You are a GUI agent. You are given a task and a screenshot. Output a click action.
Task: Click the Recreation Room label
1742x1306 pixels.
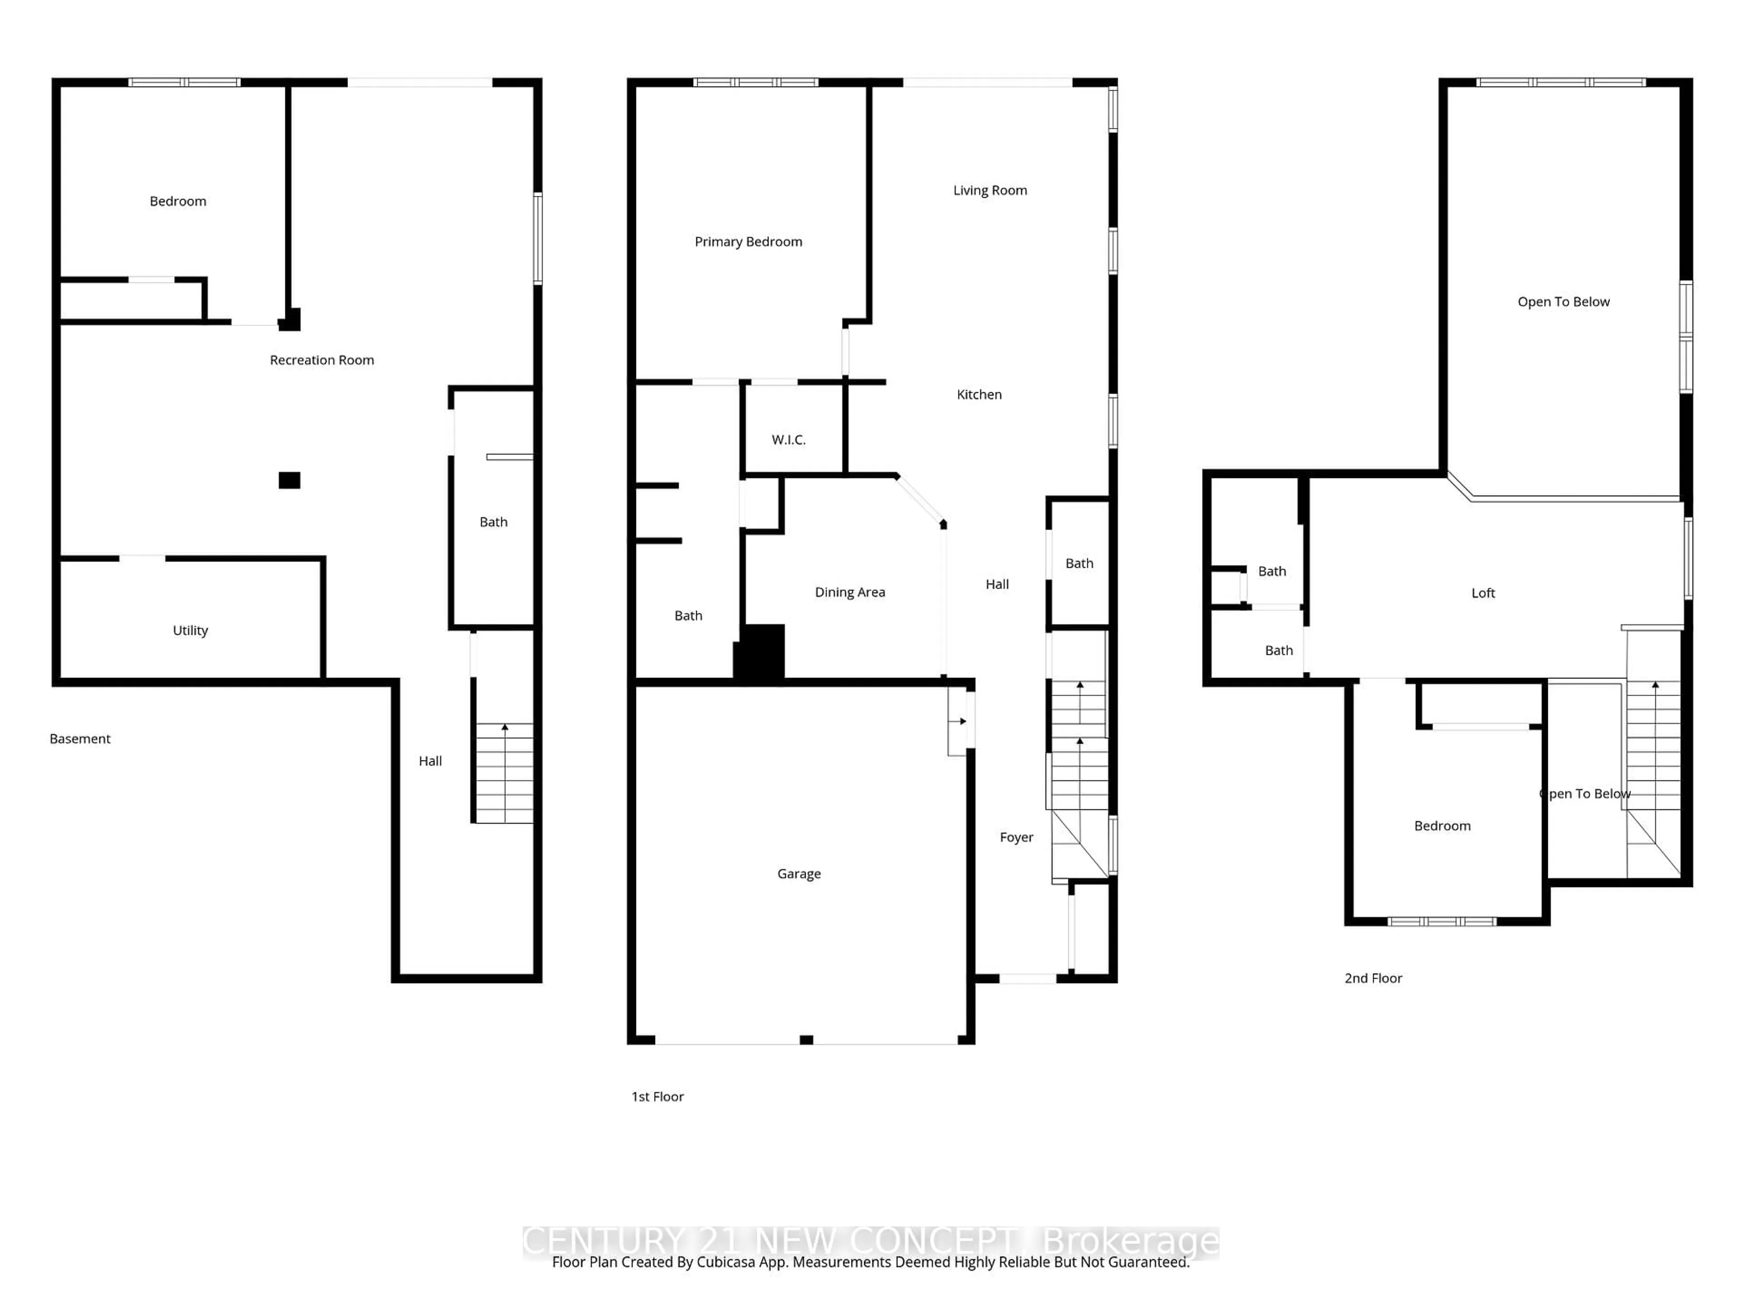[321, 360]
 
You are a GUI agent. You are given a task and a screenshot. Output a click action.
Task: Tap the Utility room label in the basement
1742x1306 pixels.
[190, 630]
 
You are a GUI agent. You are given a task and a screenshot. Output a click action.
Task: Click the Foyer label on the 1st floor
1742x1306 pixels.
[1016, 837]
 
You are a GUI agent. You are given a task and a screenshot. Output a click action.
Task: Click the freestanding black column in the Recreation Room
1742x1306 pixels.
[289, 480]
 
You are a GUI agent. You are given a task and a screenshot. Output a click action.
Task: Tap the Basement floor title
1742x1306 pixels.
[79, 738]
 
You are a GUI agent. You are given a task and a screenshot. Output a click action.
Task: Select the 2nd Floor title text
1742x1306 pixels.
[1373, 978]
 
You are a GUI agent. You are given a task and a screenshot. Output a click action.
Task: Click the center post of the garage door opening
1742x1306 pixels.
[806, 1040]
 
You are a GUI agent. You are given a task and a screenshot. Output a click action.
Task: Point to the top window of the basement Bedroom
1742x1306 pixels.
[184, 82]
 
